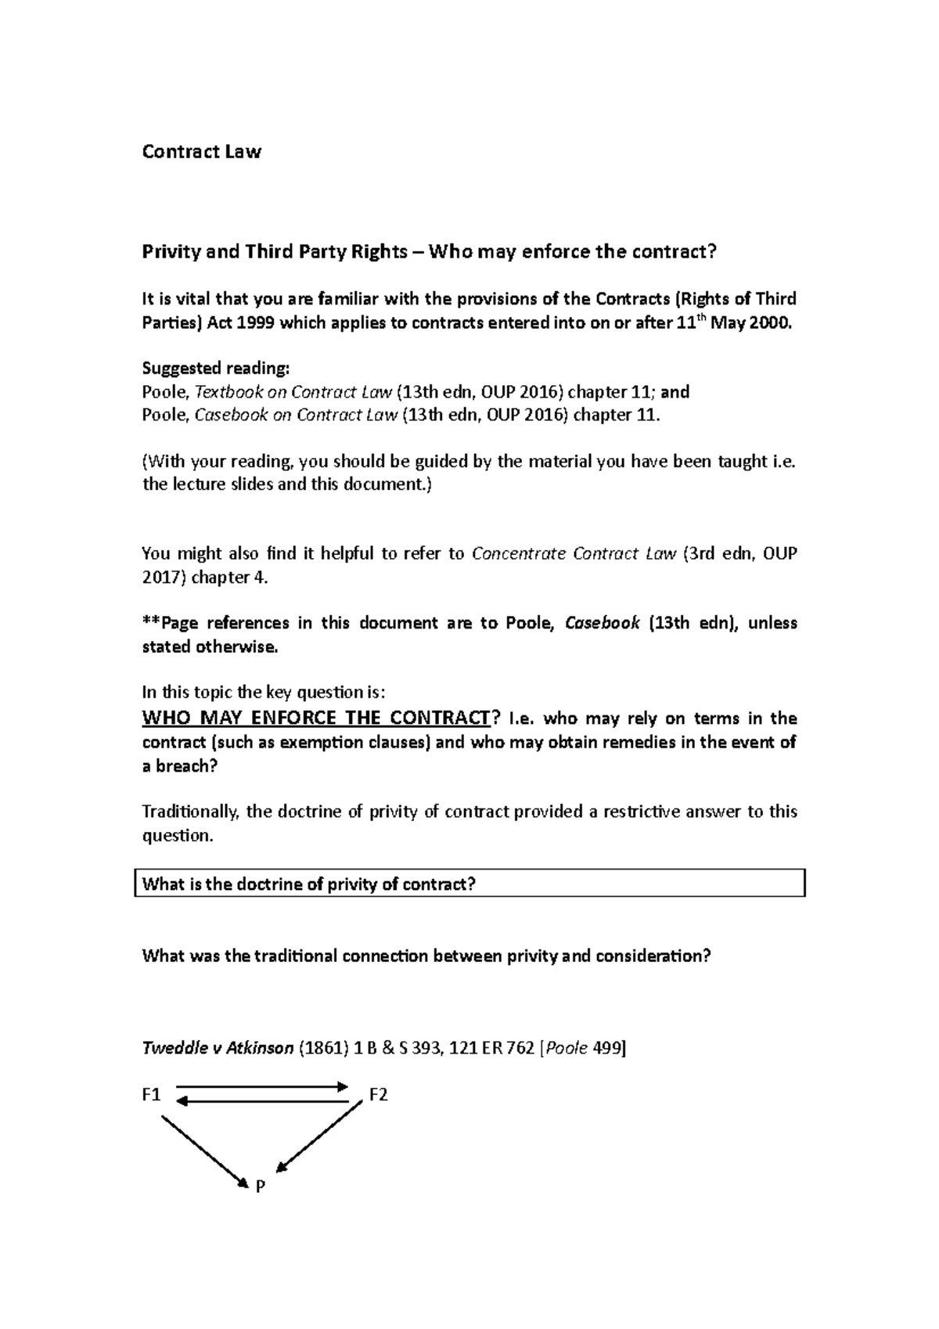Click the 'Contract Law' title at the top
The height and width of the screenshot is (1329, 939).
(201, 152)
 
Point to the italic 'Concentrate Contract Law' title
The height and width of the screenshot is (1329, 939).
(574, 554)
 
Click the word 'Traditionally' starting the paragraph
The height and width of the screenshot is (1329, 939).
(191, 812)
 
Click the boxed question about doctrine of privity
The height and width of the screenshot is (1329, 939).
(469, 884)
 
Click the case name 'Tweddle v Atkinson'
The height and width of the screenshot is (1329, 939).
(218, 1049)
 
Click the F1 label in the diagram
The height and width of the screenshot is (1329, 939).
(151, 1095)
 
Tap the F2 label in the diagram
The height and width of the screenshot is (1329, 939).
(378, 1095)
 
